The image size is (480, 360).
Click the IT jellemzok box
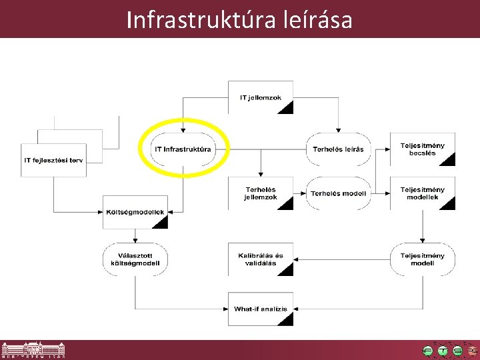coord(261,97)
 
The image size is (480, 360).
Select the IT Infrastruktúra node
coord(183,149)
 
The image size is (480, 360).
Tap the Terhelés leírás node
coord(338,149)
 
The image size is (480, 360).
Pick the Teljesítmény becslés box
coord(422,149)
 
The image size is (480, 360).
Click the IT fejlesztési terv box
coord(54,161)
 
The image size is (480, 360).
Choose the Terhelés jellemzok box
coord(260,193)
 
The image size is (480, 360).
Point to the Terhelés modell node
coord(338,193)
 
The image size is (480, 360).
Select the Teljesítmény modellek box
coord(422,193)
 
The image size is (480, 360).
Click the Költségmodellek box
coord(135,212)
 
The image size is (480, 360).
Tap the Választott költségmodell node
coord(135,259)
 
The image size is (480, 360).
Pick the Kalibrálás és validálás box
coord(260,259)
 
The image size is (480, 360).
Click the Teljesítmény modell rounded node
coord(422,259)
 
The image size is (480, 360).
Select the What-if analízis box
coord(260,309)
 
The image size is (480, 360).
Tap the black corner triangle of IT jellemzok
coord(285,108)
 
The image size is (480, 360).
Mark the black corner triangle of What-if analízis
coord(285,319)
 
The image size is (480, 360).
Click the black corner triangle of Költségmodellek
coord(160,222)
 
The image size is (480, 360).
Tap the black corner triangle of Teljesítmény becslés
coord(448,159)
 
